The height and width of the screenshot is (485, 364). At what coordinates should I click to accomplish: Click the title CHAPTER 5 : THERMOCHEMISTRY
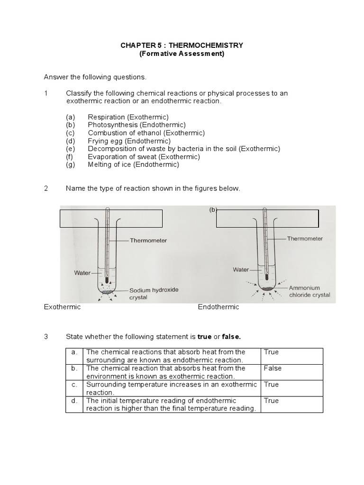click(182, 45)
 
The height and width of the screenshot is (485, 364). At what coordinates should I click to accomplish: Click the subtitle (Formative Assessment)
click(182, 54)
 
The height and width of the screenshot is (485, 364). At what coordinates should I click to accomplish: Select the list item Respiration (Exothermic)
click(128, 117)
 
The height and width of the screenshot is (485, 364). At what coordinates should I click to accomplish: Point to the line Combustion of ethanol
click(146, 133)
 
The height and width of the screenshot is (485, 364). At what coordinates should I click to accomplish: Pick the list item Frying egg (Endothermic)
click(129, 141)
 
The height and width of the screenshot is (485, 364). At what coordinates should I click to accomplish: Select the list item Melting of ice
click(133, 165)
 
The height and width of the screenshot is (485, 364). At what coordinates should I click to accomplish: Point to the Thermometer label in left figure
click(148, 241)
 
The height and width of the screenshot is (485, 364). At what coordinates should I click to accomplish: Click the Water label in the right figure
click(241, 269)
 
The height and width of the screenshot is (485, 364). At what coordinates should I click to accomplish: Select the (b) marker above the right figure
click(212, 210)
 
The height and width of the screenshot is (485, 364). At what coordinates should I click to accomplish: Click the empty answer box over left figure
click(111, 218)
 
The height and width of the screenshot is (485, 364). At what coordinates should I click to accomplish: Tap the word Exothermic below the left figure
click(63, 307)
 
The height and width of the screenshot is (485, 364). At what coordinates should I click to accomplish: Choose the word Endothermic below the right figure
click(218, 307)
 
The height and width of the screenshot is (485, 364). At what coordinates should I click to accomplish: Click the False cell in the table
click(273, 368)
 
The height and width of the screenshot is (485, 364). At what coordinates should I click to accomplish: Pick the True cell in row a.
click(271, 352)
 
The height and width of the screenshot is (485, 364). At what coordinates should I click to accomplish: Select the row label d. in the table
click(74, 401)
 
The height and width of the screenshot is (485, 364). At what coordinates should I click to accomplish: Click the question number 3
click(46, 337)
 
